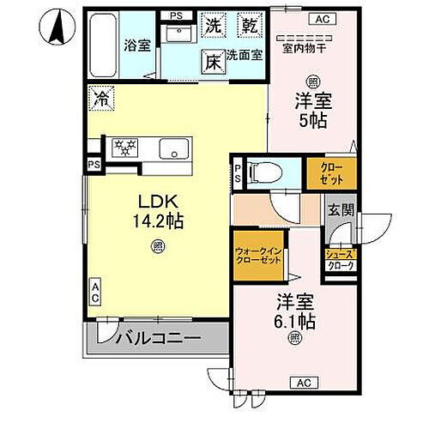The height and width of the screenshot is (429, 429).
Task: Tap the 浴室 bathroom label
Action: pyautogui.click(x=136, y=45)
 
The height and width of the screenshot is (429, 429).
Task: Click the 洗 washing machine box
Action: pyautogui.click(x=212, y=25)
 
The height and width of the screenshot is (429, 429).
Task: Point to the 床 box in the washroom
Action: pyautogui.click(x=212, y=61)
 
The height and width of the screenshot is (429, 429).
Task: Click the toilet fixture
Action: pyautogui.click(x=264, y=173)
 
